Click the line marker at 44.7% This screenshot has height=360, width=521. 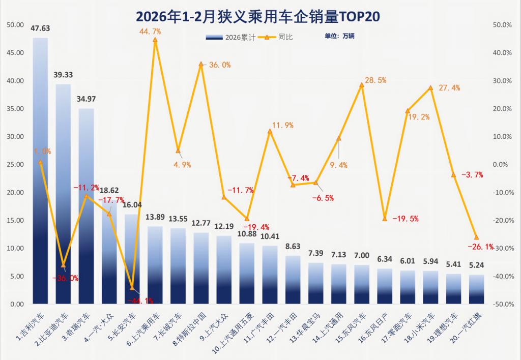click(x=155, y=40)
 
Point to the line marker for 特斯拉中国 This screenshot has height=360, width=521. click(x=201, y=64)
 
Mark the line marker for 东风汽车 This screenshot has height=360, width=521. click(x=362, y=85)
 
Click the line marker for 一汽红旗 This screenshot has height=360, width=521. click(x=476, y=237)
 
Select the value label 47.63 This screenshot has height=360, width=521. click(x=40, y=28)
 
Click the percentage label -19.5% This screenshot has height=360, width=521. click(x=407, y=219)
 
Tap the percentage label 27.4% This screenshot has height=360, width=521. click(x=449, y=88)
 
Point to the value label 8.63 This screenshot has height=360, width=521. click(x=293, y=246)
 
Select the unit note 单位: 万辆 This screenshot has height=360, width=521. click(x=339, y=37)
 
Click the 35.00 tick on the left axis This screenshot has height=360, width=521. click(x=17, y=109)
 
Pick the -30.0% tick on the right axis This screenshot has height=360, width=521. click(x=502, y=249)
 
